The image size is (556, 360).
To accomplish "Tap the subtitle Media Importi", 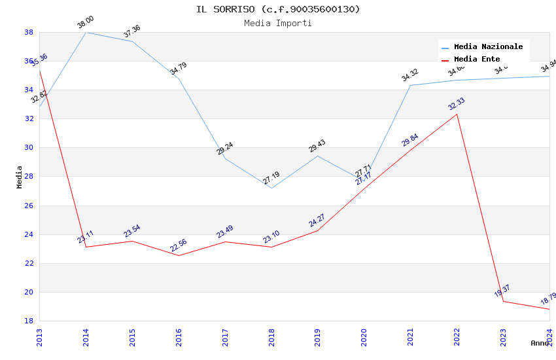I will click(x=278, y=24).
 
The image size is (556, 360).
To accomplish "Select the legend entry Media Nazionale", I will click(x=488, y=47).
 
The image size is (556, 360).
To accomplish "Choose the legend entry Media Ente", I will click(x=477, y=60).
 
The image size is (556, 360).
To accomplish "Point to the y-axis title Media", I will click(x=20, y=177).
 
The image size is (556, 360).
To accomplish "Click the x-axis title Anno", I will click(x=540, y=343).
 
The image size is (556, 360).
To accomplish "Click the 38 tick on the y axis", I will click(x=29, y=32).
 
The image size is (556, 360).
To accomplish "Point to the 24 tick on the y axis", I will click(x=29, y=234).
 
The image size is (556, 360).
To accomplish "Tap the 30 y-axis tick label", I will click(x=29, y=148).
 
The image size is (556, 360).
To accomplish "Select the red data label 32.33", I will click(x=457, y=104).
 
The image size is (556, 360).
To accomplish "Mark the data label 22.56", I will click(x=179, y=245).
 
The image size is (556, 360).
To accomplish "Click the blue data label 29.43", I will click(x=317, y=146).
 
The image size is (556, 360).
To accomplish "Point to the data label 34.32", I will click(x=410, y=75).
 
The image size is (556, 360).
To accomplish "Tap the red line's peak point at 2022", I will click(x=457, y=115).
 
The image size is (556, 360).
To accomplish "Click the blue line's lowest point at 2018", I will click(x=271, y=189).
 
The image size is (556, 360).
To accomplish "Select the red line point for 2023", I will click(x=503, y=301).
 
